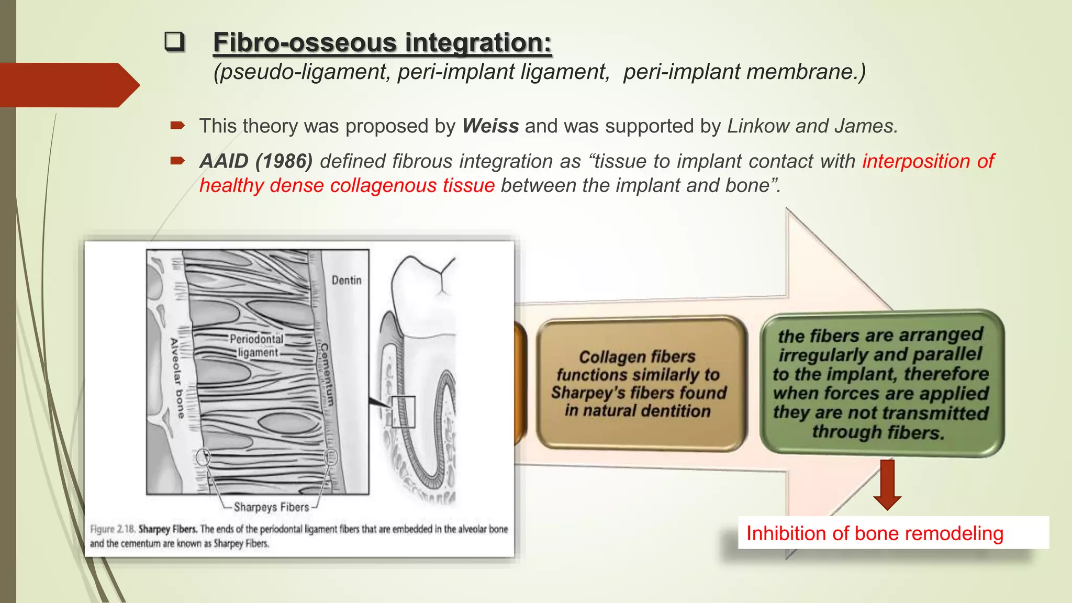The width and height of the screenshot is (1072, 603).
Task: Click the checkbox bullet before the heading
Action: pyautogui.click(x=174, y=42)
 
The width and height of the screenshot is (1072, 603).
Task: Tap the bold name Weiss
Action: pyautogui.click(x=490, y=126)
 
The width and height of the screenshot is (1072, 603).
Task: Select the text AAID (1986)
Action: pyautogui.click(x=256, y=161)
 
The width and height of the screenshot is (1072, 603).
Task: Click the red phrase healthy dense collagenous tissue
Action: pyautogui.click(x=347, y=186)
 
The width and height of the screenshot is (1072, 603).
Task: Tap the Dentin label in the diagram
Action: pyautogui.click(x=347, y=281)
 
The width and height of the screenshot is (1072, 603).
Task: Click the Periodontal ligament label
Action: pyautogui.click(x=256, y=345)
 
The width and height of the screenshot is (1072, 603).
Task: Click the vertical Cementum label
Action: pyautogui.click(x=327, y=374)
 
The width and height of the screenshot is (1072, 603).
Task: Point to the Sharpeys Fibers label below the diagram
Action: pyautogui.click(x=271, y=507)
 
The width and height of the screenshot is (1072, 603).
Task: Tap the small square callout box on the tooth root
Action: pyautogui.click(x=403, y=412)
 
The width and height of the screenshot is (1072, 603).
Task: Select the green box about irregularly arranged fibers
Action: pyautogui.click(x=881, y=383)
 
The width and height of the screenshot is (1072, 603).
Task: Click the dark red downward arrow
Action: pyautogui.click(x=887, y=484)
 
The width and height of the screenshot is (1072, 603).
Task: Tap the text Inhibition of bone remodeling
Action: pyautogui.click(x=874, y=533)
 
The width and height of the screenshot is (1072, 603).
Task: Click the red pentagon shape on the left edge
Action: pyautogui.click(x=68, y=85)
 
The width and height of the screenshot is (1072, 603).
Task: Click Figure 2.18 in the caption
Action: pyautogui.click(x=113, y=529)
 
